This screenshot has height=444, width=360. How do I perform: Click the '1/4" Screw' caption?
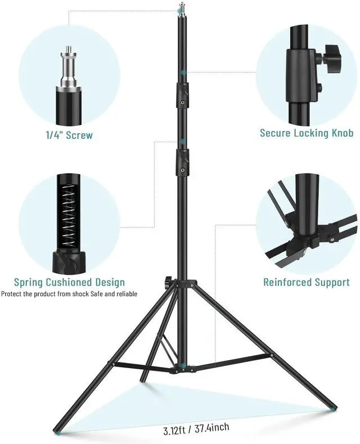(x=69, y=135)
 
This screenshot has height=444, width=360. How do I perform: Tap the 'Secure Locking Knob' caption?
(x=306, y=133)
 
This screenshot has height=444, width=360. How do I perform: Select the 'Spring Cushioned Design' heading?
(x=69, y=282)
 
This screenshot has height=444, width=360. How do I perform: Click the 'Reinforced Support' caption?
(x=306, y=282)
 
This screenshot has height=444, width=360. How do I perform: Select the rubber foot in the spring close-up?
(x=69, y=260)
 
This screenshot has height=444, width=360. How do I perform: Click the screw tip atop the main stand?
(x=181, y=9)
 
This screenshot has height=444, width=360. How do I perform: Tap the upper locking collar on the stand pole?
(x=182, y=95)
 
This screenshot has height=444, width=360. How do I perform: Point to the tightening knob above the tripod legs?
(x=168, y=282)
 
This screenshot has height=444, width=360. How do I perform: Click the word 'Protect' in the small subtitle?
(x=12, y=294)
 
